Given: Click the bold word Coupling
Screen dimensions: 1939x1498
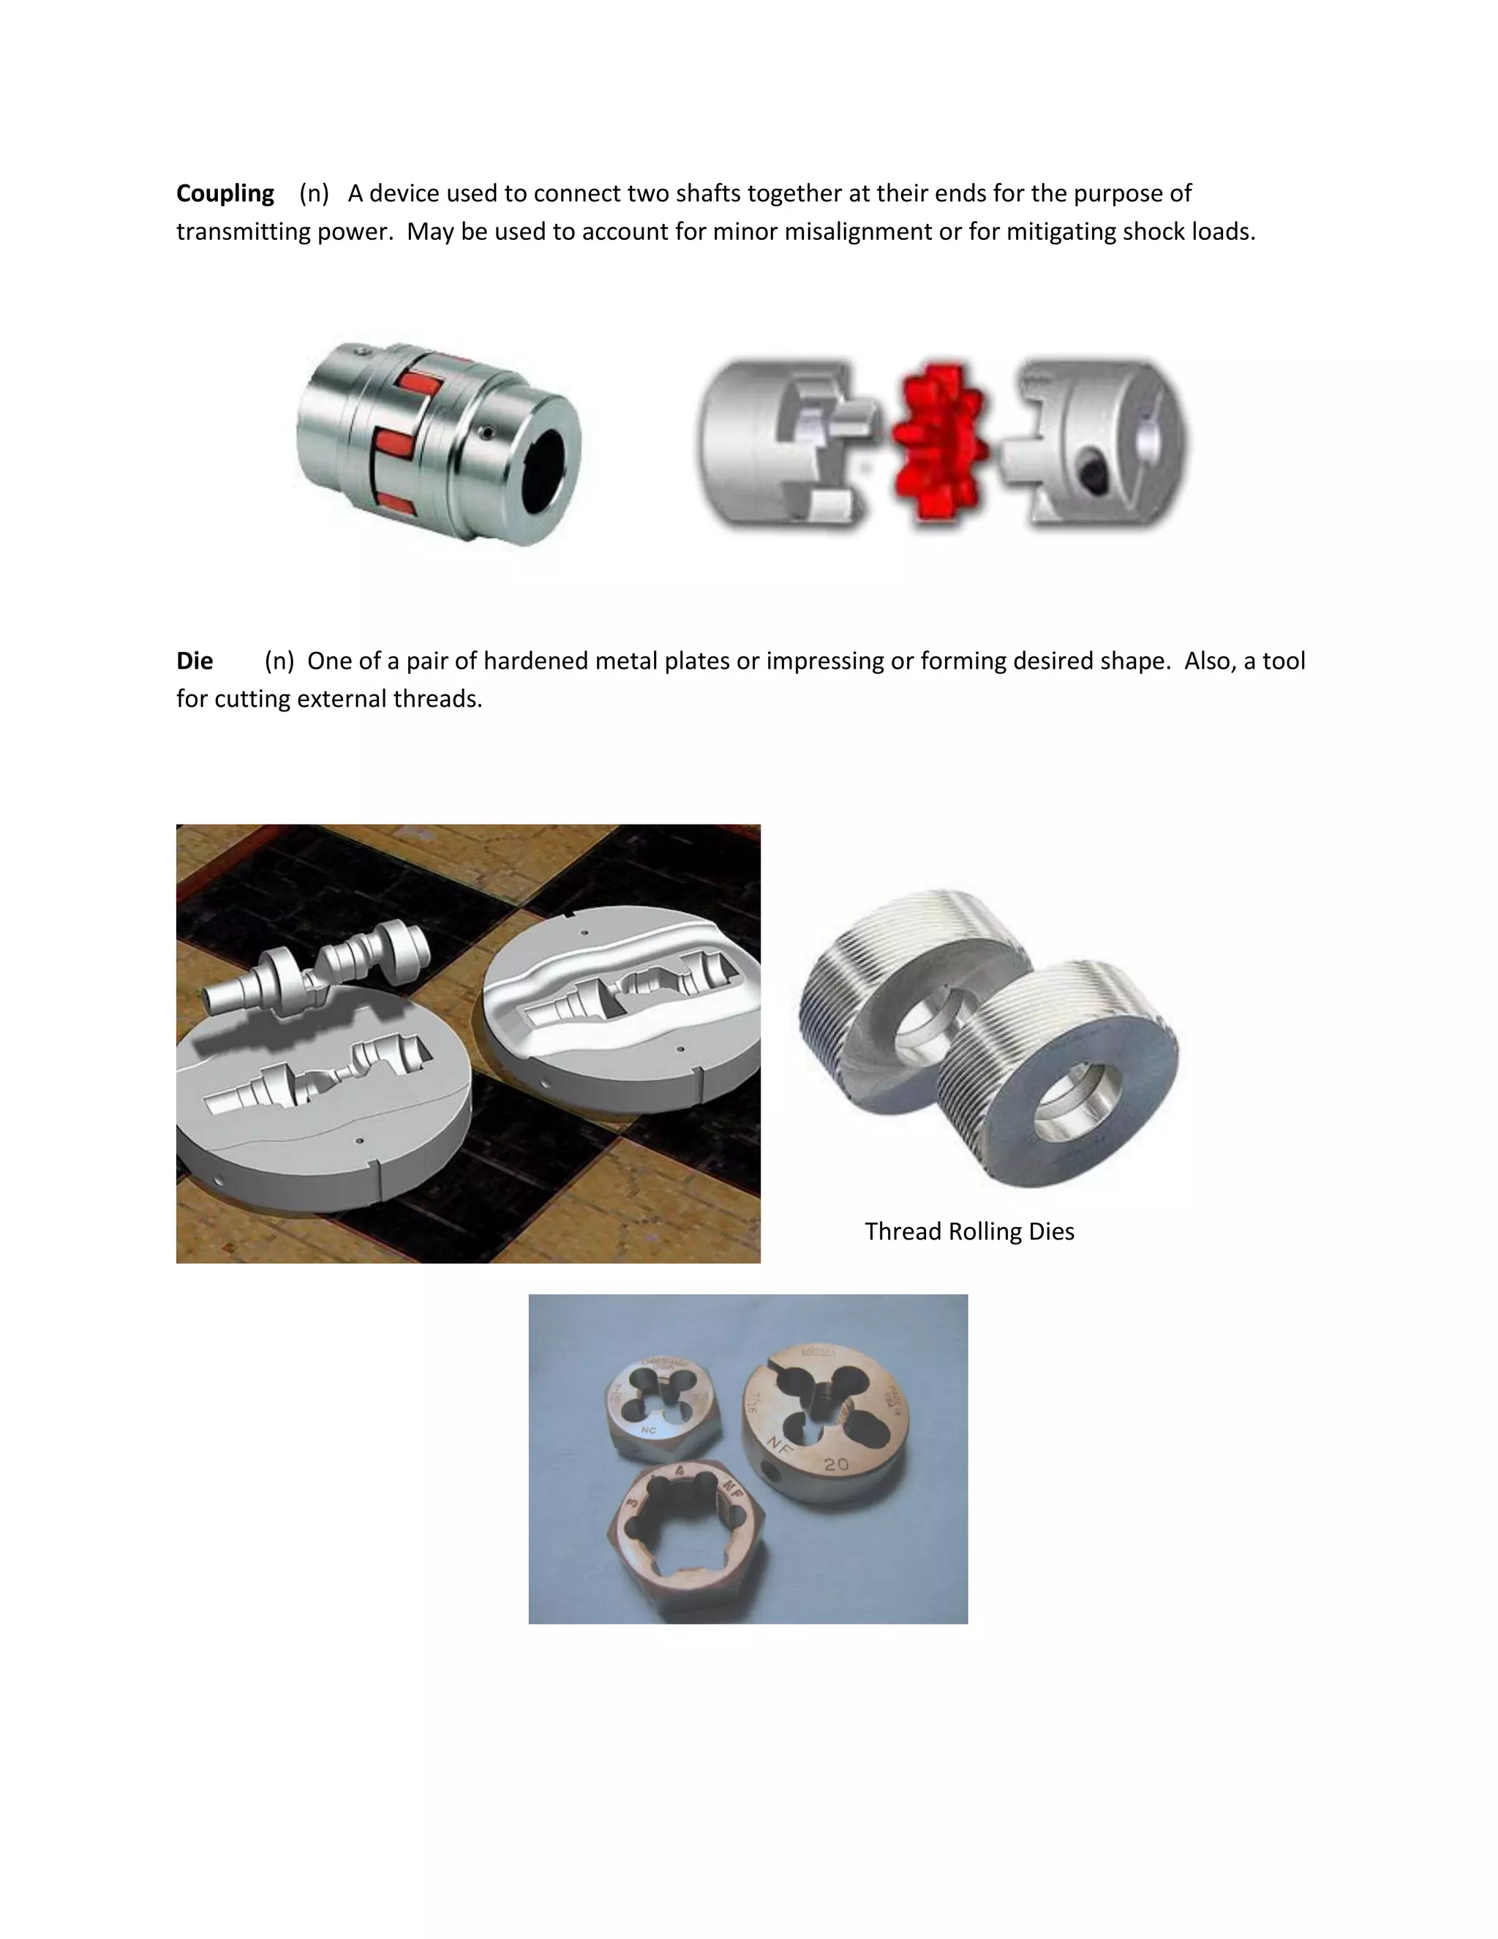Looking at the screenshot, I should (x=225, y=194).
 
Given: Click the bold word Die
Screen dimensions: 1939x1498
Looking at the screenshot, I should (x=195, y=661).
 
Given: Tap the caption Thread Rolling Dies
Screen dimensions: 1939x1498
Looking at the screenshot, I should (x=969, y=1231).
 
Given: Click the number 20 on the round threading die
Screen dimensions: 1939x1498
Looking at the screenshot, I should (x=835, y=1464).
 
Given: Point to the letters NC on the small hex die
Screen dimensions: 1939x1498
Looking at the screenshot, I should (x=648, y=1431).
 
